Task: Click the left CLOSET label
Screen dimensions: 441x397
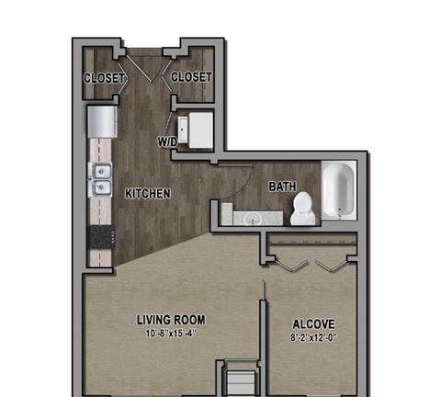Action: tap(105, 78)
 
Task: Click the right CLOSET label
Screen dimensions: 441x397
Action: tap(191, 77)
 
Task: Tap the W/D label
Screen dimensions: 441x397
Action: tap(167, 142)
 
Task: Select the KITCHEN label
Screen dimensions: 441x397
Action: tap(148, 194)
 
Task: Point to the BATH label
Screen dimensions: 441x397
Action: tap(282, 187)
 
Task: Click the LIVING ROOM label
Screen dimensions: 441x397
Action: tap(171, 320)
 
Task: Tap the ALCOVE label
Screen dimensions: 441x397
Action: tap(313, 324)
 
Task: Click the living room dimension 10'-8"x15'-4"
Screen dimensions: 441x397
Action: tap(171, 334)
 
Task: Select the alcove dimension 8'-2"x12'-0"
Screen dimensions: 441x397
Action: tap(313, 338)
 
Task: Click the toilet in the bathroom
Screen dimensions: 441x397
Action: tap(302, 209)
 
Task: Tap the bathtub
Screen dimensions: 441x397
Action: tap(339, 190)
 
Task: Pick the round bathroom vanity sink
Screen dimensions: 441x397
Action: tap(253, 219)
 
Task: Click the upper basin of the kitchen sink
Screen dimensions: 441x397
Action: tap(102, 171)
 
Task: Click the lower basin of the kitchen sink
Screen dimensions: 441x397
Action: tap(102, 187)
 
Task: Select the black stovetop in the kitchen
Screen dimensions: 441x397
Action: tap(102, 237)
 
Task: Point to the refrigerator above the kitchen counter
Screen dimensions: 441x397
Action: tap(102, 121)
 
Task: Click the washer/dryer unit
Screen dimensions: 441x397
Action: tap(196, 130)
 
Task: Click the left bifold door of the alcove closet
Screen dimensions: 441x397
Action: tap(291, 266)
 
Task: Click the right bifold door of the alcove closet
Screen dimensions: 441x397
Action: tap(332, 266)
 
